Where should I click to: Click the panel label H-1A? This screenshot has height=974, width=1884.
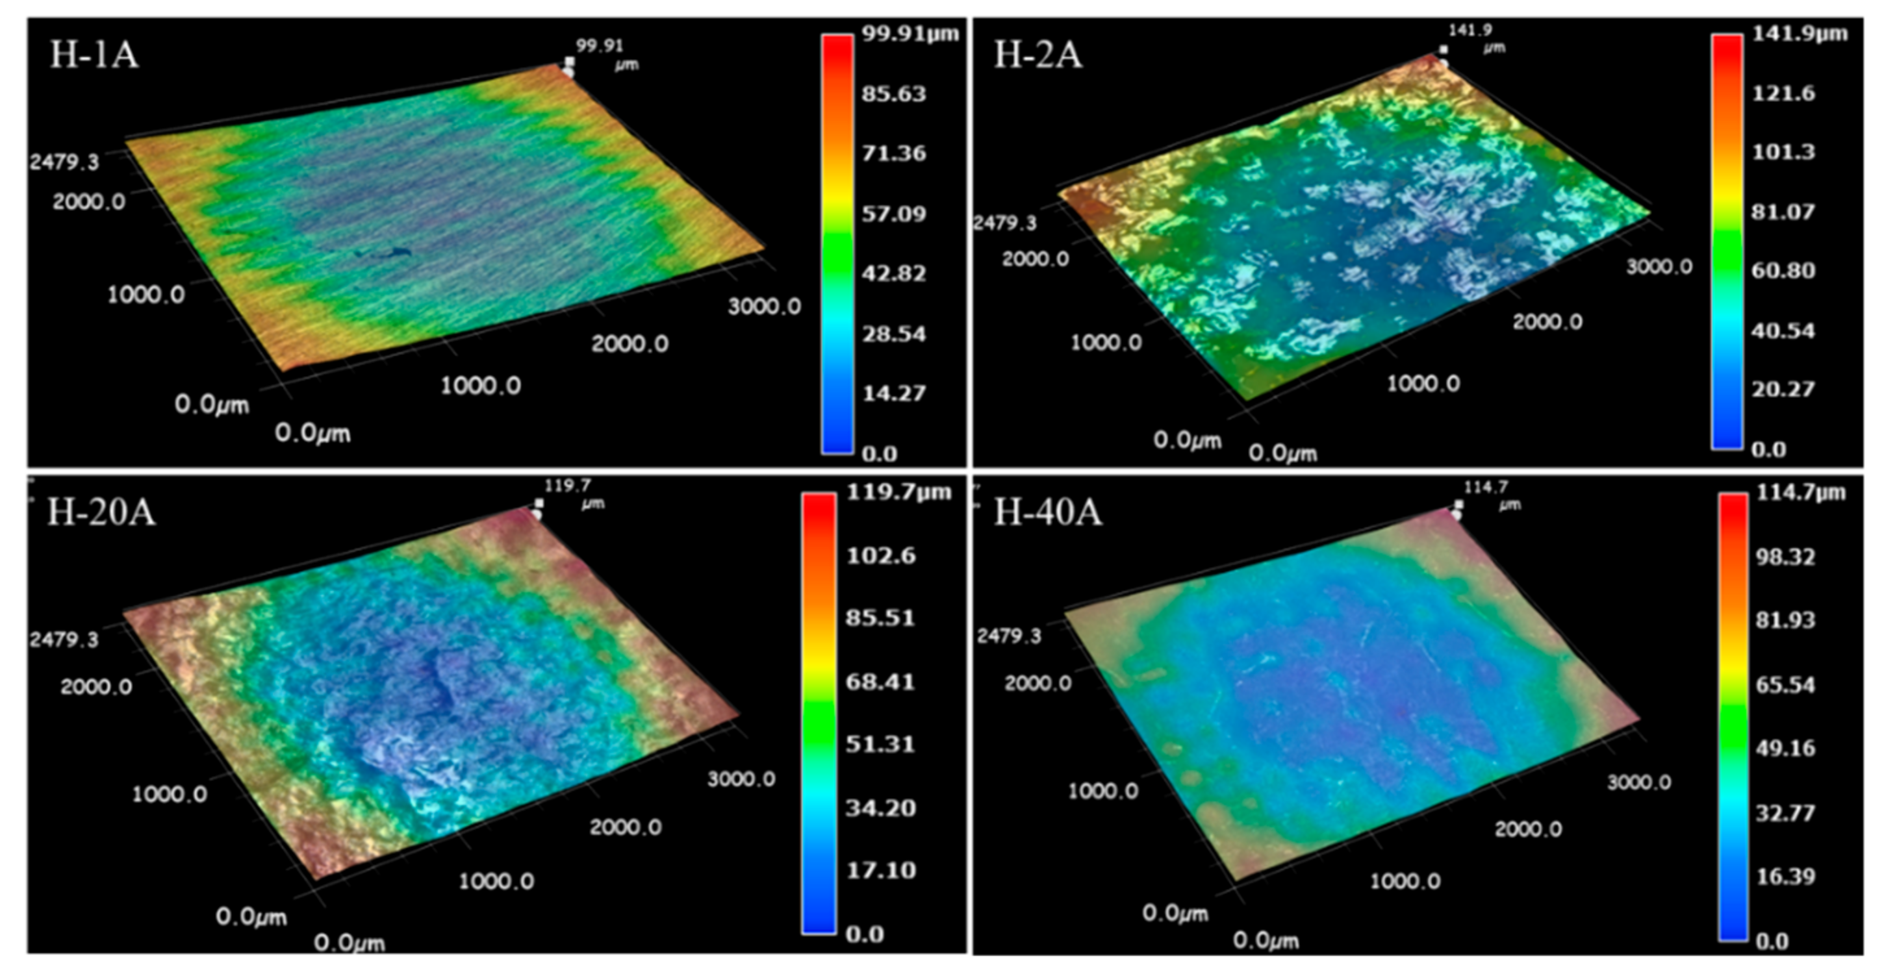tap(94, 55)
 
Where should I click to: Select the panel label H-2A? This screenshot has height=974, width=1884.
tap(1037, 55)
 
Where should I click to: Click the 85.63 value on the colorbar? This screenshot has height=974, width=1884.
tap(894, 94)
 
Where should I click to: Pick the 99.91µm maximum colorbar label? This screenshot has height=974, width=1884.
tap(910, 34)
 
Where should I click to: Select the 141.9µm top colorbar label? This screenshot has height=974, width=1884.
tap(1799, 34)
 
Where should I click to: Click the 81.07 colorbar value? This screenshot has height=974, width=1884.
tap(1783, 212)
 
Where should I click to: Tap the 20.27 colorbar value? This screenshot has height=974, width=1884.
tap(1783, 389)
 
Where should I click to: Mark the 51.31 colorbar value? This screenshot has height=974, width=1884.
tap(880, 744)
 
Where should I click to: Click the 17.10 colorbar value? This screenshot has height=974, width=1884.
tap(880, 870)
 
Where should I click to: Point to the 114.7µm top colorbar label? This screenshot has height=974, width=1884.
tap(1801, 492)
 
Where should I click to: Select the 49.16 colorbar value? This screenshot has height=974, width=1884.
tap(1785, 748)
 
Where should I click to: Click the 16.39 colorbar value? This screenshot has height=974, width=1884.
tap(1785, 876)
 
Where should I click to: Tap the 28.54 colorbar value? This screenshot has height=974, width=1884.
tap(894, 334)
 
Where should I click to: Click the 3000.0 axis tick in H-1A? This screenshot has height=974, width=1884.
tap(764, 306)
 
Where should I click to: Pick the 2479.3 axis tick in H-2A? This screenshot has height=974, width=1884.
tap(1004, 222)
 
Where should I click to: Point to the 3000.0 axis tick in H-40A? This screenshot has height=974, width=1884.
tap(1639, 782)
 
